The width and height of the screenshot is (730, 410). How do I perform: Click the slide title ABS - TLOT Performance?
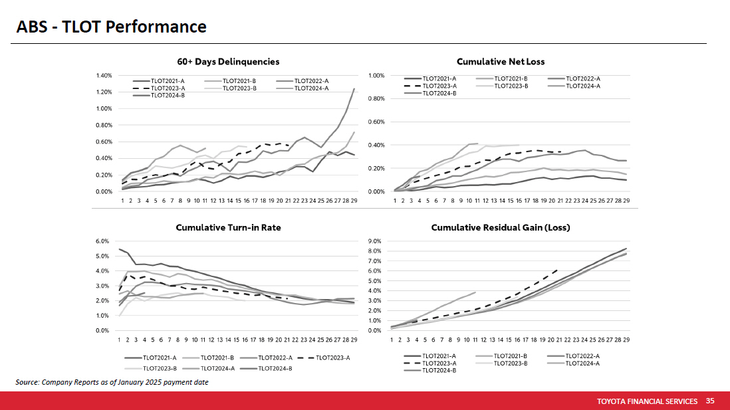(x=112, y=27)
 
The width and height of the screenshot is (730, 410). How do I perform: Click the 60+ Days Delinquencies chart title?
(x=228, y=62)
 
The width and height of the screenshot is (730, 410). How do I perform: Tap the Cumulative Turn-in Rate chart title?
(x=228, y=227)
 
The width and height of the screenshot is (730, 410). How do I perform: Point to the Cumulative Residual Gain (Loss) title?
(x=501, y=227)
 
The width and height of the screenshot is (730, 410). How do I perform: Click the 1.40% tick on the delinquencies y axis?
(x=103, y=75)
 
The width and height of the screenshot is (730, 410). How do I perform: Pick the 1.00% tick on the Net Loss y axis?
(x=376, y=75)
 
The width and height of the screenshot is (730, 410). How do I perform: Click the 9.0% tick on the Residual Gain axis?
(x=374, y=241)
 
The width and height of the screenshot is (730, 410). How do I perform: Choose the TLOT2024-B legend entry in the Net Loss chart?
(x=439, y=93)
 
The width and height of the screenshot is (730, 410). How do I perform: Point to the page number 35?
(x=710, y=401)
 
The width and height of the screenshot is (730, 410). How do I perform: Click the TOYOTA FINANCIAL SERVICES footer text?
(x=647, y=401)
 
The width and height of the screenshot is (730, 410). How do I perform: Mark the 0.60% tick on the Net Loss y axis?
(x=376, y=122)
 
